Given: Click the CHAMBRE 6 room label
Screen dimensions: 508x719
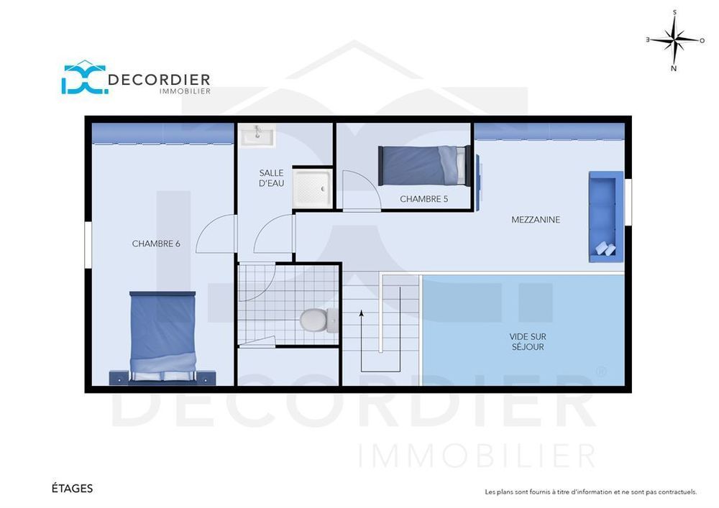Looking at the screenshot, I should coord(155,244).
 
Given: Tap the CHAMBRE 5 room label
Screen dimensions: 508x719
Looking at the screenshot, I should coord(423,199).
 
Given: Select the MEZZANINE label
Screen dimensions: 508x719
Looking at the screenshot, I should coord(536,220).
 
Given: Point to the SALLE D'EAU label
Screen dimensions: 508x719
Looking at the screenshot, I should coord(272,178).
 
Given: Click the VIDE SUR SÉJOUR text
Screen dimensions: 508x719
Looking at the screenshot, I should coord(526,341).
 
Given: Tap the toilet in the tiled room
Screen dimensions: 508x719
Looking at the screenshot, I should coord(316,319).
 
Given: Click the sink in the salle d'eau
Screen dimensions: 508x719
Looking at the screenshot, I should coord(257,134).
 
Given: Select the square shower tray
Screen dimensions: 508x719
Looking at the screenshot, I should coord(312,189).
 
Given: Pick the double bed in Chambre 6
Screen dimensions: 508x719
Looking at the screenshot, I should coord(162,336).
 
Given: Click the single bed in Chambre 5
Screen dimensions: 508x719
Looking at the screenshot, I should coord(424,165).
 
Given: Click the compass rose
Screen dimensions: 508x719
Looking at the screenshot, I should coord(674,40).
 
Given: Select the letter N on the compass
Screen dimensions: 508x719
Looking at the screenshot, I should coord(674,69).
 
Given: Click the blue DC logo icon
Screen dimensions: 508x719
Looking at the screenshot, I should coord(83,78).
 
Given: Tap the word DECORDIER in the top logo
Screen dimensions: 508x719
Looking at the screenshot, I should coord(159,79).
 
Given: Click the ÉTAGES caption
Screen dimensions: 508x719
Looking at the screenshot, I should coord(72,489).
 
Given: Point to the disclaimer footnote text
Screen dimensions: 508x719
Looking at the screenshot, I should coord(590,492).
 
